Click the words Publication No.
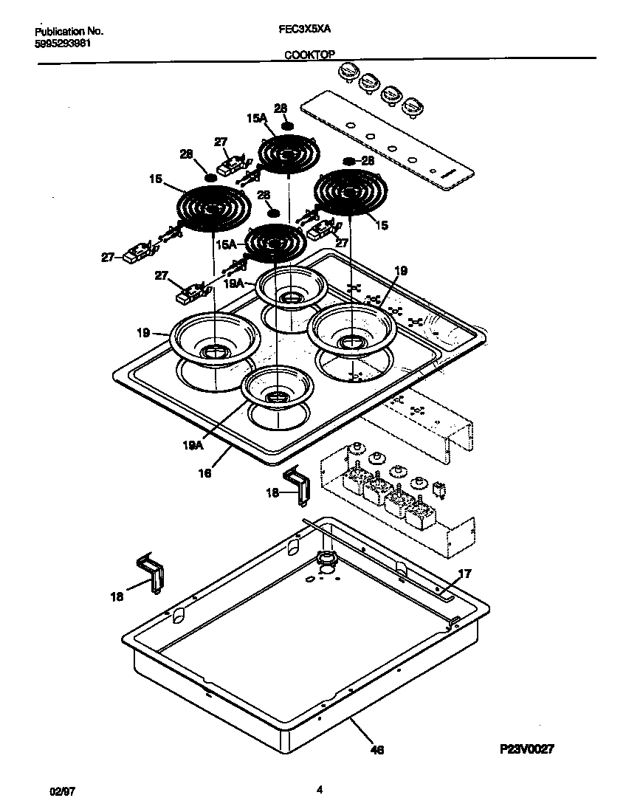[x=69, y=32]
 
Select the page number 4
[x=319, y=789]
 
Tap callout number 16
[x=205, y=472]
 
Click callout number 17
[x=464, y=574]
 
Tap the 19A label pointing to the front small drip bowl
[x=193, y=445]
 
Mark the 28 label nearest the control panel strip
[x=367, y=160]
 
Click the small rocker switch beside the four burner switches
[x=441, y=488]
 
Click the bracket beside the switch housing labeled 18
[x=299, y=485]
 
